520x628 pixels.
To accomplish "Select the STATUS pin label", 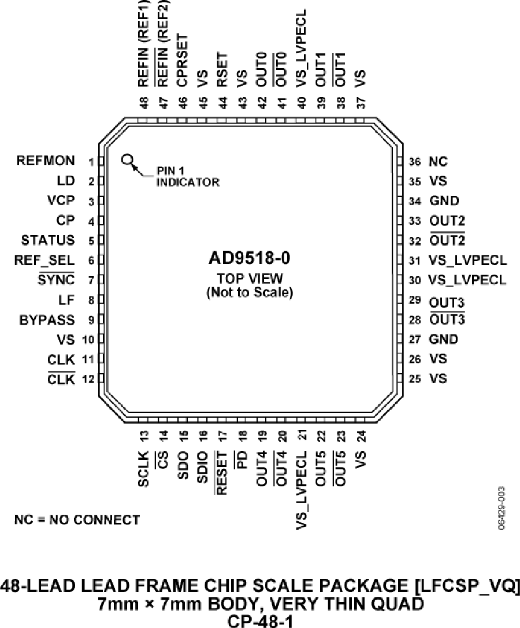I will pyautogui.click(x=48, y=240).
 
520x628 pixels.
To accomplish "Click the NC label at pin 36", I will pyautogui.click(x=438, y=162).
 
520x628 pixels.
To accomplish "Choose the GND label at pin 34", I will pyautogui.click(x=444, y=201).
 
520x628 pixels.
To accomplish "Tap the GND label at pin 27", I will pyautogui.click(x=444, y=339).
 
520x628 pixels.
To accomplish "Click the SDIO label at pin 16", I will pyautogui.click(x=203, y=470).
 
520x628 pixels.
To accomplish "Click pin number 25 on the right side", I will pyautogui.click(x=414, y=379).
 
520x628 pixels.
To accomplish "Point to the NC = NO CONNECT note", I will pyautogui.click(x=77, y=520).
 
